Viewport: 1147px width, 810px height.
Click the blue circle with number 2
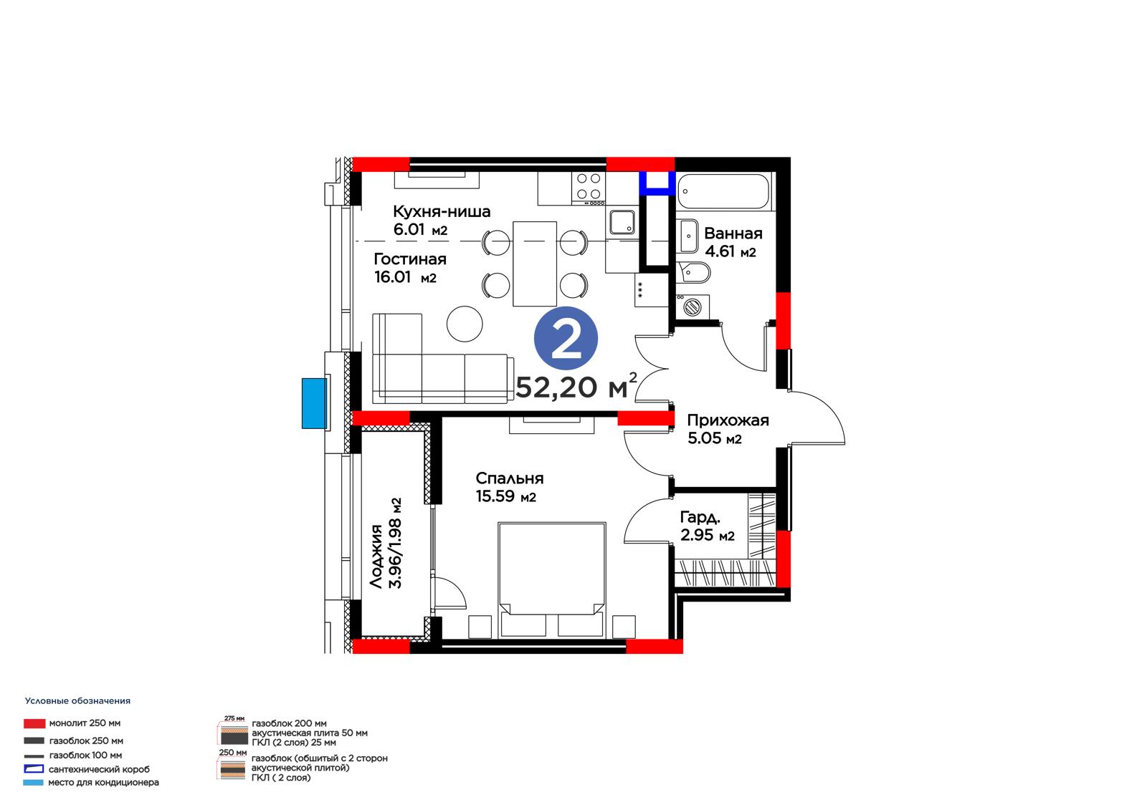(566, 339)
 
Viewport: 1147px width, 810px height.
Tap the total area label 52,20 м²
(576, 386)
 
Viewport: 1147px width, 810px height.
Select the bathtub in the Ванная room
(723, 191)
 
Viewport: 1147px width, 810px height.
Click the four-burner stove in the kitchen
(589, 187)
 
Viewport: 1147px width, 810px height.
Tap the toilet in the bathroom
(693, 273)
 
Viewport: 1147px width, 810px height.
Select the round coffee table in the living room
(465, 324)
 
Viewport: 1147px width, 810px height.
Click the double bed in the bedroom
(551, 579)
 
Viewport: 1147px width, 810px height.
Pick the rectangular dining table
(535, 264)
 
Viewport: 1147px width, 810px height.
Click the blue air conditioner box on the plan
(314, 403)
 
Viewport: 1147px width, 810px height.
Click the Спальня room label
(510, 478)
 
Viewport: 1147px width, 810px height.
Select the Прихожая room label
(728, 420)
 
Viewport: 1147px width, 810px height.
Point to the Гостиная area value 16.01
(393, 277)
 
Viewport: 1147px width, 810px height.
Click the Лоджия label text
(376, 556)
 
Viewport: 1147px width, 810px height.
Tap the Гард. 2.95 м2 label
(707, 526)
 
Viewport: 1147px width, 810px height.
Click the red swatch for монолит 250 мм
(34, 723)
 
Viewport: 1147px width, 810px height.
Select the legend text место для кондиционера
(103, 782)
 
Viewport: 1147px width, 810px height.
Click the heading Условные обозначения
(78, 701)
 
